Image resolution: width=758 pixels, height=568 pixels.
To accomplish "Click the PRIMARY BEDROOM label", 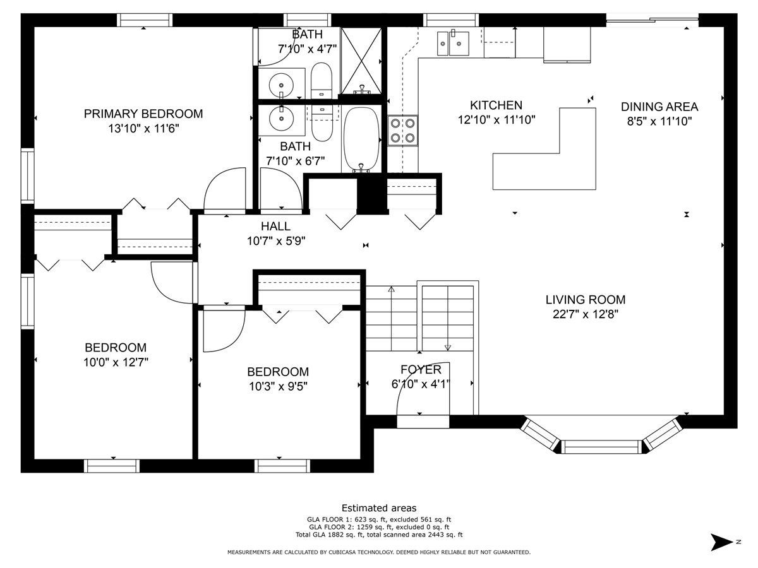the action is [143, 114].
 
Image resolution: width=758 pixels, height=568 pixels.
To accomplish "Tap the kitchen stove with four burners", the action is [402, 131].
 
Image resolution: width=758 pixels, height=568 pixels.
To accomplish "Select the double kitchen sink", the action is [453, 43].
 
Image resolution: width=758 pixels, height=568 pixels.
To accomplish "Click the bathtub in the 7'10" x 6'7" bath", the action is [361, 139].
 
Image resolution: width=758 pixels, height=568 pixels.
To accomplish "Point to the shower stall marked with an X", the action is [361, 61].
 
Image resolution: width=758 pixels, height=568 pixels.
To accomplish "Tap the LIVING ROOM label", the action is [586, 300].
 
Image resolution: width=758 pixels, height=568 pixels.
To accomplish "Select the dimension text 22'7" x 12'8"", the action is [586, 314].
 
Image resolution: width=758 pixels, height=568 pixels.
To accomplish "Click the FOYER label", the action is [421, 370].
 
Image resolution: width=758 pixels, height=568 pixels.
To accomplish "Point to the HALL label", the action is [275, 226].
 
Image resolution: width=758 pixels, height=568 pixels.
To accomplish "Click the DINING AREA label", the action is [659, 107].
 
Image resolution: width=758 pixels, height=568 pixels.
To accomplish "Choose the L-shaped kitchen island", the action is [544, 149].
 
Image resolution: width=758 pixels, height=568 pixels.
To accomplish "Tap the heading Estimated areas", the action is [379, 508].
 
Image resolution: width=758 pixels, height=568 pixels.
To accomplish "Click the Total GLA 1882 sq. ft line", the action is [379, 535].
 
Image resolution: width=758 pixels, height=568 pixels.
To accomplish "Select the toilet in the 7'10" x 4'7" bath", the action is [321, 81].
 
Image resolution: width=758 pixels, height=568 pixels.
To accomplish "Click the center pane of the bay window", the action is [601, 447].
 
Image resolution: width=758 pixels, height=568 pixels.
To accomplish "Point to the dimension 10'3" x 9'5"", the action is [278, 387].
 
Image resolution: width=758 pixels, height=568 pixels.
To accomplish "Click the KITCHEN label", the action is [496, 105].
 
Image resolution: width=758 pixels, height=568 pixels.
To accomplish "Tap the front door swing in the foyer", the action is [423, 388].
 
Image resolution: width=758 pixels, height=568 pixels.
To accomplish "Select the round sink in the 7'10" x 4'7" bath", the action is [282, 85].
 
